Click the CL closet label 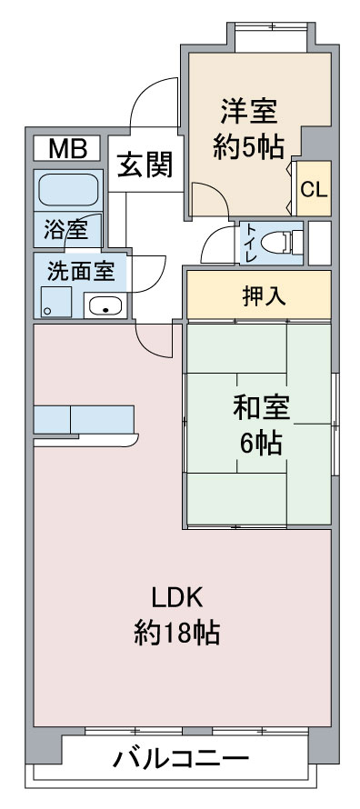point(314,190)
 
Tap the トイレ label point(248,243)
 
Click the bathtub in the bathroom point(67,190)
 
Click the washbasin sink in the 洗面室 point(108,306)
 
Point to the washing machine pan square point(55,302)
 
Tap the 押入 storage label point(259,295)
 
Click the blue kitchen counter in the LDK point(85,420)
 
